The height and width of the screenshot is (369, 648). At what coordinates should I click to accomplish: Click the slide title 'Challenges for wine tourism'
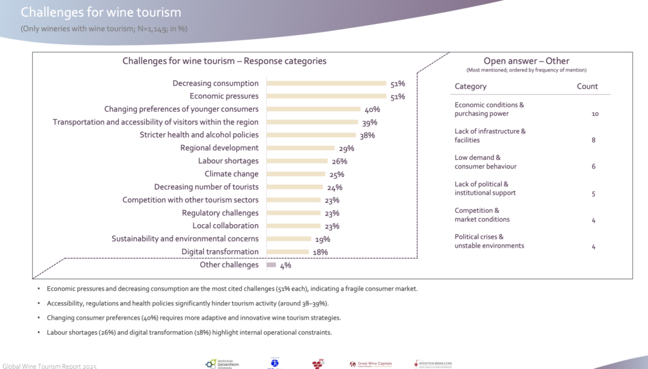point(101,13)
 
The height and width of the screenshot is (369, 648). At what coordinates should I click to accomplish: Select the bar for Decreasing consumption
point(326,83)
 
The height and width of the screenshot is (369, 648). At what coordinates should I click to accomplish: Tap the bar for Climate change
point(296,174)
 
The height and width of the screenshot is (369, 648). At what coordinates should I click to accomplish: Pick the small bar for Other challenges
point(271,265)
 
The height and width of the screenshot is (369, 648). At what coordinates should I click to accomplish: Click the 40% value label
point(372,109)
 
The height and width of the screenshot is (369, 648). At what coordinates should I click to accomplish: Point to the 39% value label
point(370,122)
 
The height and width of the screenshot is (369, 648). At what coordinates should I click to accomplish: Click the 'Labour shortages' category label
point(228,161)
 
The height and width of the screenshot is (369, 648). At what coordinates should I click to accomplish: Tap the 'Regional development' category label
point(220,148)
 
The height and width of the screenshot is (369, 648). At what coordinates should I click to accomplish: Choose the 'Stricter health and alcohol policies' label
point(199,135)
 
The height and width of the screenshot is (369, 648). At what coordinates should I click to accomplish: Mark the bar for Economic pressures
point(326,96)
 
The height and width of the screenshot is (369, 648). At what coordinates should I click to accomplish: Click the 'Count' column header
point(587,86)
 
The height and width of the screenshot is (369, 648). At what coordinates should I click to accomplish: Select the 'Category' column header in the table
point(471,86)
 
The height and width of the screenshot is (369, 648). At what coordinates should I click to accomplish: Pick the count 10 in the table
point(594,114)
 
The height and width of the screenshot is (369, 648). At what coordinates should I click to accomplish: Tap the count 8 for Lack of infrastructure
point(594,140)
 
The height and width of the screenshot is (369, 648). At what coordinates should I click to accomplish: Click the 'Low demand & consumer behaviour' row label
point(485,162)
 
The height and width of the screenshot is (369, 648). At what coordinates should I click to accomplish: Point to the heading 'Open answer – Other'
point(526,61)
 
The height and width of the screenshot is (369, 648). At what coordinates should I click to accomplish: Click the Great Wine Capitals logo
point(371,363)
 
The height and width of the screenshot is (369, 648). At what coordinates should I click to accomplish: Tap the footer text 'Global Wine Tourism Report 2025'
point(50,365)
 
